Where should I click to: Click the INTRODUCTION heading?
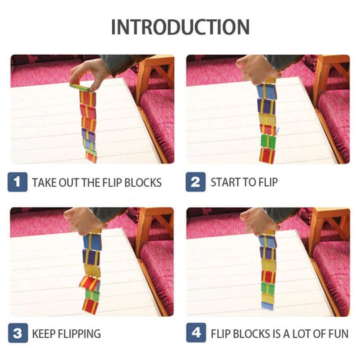(180, 27)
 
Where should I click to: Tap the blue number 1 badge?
(17, 182)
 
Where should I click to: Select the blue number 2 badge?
(195, 182)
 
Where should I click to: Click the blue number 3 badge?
(18, 333)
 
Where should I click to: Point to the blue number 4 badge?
(196, 333)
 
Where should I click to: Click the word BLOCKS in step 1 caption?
(143, 183)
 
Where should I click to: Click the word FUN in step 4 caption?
(339, 334)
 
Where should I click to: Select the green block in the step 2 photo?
(268, 141)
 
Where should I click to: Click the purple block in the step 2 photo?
(266, 106)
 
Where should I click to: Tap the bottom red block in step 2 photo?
(267, 155)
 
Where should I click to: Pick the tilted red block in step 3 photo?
(89, 283)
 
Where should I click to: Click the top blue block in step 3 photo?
(92, 242)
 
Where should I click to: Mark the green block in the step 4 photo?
(268, 288)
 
